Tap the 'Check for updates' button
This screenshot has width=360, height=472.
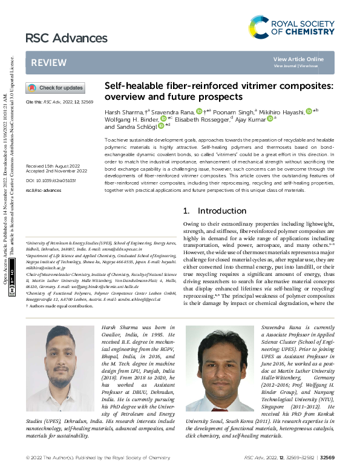pyautogui.click(x=55, y=88)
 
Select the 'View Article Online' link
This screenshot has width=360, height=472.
pyautogui.click(x=298, y=59)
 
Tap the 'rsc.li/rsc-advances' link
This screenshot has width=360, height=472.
pyautogui.click(x=44, y=190)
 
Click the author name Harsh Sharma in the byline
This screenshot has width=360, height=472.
pyautogui.click(x=123, y=113)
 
